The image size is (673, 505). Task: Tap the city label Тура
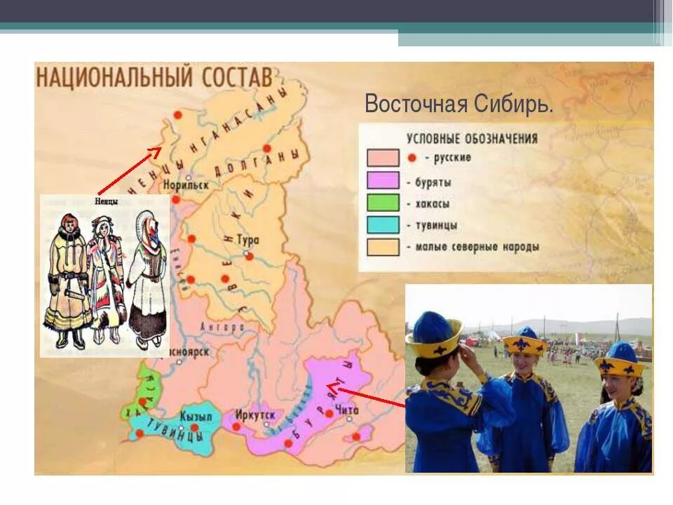tap(248, 240)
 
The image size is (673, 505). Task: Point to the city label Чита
tap(347, 411)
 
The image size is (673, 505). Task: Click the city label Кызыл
tap(196, 415)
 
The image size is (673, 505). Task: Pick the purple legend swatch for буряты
tap(382, 180)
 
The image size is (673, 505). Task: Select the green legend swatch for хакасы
tap(382, 203)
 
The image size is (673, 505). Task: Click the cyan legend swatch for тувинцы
tap(382, 225)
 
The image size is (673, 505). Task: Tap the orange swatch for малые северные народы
tap(382, 247)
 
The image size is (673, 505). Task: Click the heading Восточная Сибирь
tap(458, 105)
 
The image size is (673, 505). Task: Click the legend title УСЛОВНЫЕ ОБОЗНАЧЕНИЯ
tap(472, 138)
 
